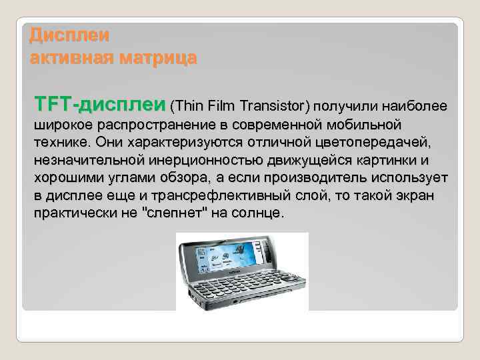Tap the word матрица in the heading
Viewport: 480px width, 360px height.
(159, 58)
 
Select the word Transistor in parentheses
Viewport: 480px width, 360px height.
(273, 106)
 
